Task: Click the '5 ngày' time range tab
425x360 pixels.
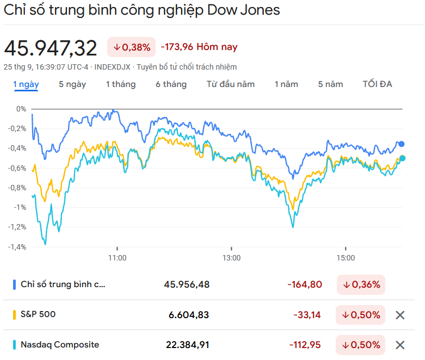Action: click(72, 84)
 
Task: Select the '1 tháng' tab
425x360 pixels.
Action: click(121, 84)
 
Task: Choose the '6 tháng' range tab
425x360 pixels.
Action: click(171, 84)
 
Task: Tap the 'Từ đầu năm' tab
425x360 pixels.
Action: click(231, 84)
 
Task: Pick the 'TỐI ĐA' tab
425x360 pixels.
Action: click(378, 84)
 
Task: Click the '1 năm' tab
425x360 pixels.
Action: click(286, 84)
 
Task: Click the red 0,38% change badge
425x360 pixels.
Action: click(131, 47)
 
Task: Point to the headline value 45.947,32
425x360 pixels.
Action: click(51, 48)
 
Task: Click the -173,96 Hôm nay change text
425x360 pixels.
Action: click(199, 47)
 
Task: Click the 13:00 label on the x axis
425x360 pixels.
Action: click(231, 257)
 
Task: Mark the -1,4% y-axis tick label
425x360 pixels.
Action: click(17, 247)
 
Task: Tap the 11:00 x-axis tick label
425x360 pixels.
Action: click(118, 257)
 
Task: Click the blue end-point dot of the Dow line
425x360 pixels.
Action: click(402, 144)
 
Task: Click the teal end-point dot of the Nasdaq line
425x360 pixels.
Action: click(402, 158)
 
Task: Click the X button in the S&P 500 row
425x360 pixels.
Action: click(400, 315)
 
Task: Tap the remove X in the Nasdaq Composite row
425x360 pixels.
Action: click(400, 345)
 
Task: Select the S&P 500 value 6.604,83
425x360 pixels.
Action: click(187, 315)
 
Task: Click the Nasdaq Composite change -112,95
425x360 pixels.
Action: click(307, 345)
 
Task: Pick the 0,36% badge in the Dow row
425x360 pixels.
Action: click(361, 284)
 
